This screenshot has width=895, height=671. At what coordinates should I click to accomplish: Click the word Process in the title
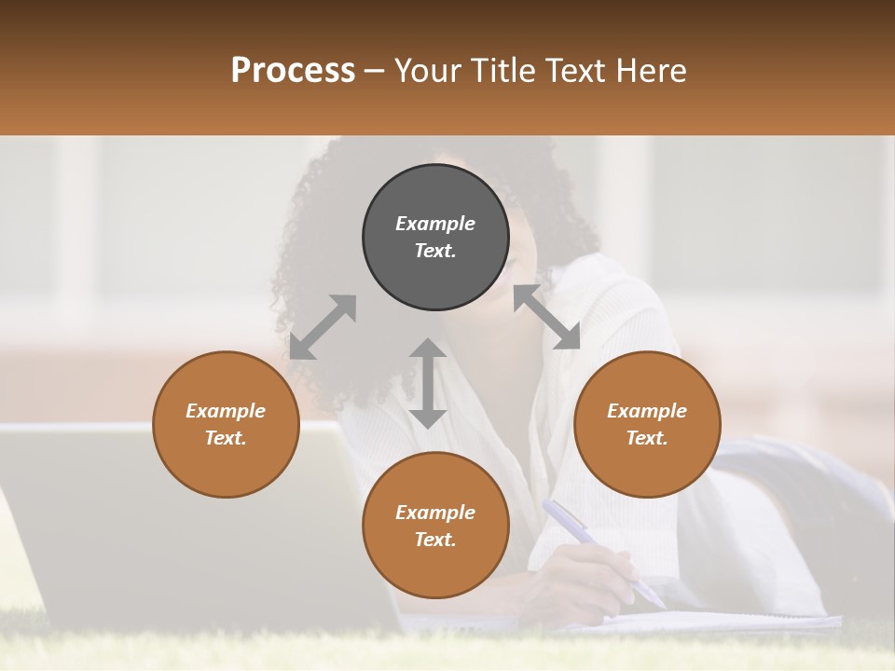[293, 71]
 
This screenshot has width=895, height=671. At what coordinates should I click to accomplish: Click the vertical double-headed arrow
[428, 383]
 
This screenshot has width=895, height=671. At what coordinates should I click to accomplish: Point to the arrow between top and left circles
[323, 327]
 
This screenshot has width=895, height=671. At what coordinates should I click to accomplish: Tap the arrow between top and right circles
[546, 317]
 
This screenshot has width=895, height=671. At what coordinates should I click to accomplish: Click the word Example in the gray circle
[435, 224]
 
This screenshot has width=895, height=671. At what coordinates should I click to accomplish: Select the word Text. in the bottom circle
[435, 540]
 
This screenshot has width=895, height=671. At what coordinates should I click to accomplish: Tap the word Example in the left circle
[226, 411]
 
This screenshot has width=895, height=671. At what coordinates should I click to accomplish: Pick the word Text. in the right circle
[647, 438]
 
